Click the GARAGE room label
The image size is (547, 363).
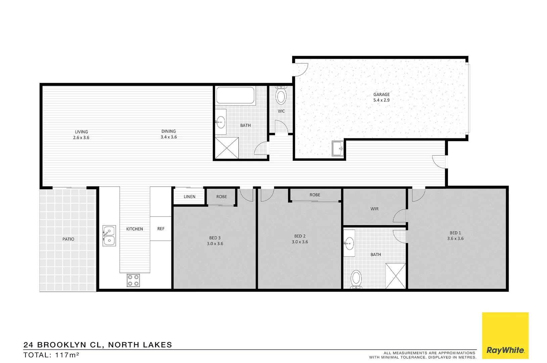coord(381,94)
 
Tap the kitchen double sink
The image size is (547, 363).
coord(109,236)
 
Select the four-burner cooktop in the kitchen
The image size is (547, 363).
coord(133,280)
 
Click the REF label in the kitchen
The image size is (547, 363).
coord(161,229)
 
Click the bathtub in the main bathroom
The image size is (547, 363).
coord(235,95)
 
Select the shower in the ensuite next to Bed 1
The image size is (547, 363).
coord(396,276)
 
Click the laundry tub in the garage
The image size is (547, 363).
coord(337,148)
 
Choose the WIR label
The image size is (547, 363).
coord(374,209)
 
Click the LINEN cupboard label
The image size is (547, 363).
coord(189,197)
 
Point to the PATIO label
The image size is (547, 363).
coord(68,239)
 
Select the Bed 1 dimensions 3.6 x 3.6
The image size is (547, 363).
coord(455,239)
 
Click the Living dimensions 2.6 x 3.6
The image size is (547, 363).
coord(81,137)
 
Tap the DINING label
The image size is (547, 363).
coord(169,131)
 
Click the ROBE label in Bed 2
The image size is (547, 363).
coord(315,195)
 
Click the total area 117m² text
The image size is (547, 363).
coord(51,355)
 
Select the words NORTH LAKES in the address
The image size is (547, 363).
coord(140,345)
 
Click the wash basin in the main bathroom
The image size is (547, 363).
coord(221,122)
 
